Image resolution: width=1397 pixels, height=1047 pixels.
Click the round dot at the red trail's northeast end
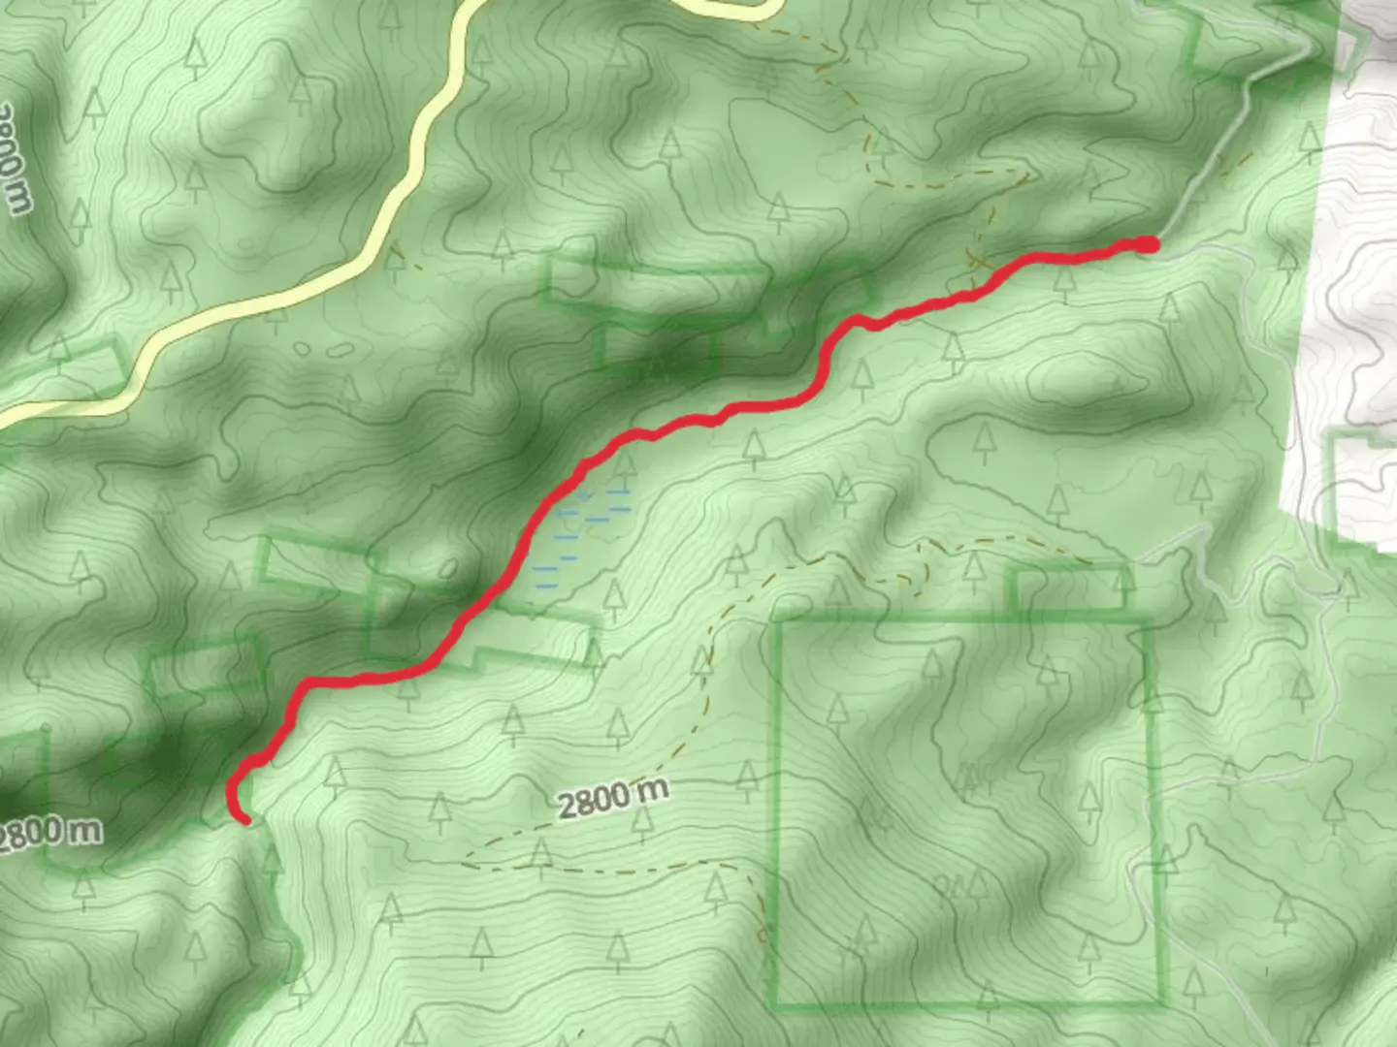pyautogui.click(x=1148, y=244)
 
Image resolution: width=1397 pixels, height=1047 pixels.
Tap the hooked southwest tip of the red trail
pyautogui.click(x=245, y=820)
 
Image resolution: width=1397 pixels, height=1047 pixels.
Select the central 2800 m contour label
pyautogui.click(x=613, y=798)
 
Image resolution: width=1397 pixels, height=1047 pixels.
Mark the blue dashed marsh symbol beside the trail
pyautogui.click(x=582, y=533)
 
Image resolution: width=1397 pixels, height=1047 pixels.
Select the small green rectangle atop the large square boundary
pyautogui.click(x=1071, y=587)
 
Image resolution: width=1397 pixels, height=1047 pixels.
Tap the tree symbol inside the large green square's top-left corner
pyautogui.click(x=836, y=711)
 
